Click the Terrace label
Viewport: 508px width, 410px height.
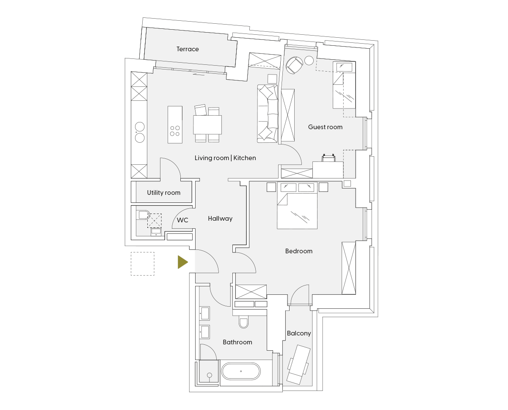pos(188,49)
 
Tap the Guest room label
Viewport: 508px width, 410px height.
pos(325,127)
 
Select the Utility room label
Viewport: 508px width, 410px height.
pos(163,193)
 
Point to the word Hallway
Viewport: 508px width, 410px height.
pos(220,219)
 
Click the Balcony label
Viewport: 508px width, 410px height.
pos(298,333)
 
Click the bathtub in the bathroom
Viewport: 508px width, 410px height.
pos(241,371)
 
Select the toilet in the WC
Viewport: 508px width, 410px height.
pos(144,215)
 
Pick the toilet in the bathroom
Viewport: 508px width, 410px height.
pos(243,321)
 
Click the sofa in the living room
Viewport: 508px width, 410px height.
pos(268,114)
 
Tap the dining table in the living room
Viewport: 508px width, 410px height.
pos(207,125)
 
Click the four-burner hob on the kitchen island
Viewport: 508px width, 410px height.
pos(175,131)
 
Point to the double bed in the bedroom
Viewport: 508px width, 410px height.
pos(297,205)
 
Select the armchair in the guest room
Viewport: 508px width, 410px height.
pos(294,65)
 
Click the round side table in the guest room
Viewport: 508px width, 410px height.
pos(309,61)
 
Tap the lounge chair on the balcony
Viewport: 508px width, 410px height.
pos(298,364)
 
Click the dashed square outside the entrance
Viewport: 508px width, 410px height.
pos(143,264)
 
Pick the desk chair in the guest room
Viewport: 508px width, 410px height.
pos(329,158)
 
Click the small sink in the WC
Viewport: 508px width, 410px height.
pos(156,232)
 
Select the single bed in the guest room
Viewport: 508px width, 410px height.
pos(344,85)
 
